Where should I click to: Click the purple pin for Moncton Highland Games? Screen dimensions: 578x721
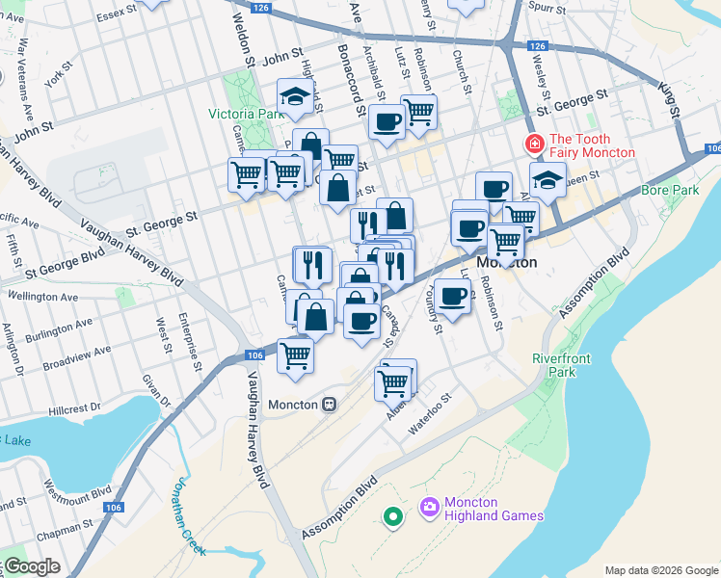[429, 506]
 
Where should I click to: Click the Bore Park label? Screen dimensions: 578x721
[669, 191]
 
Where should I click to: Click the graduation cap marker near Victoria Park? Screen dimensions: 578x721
[292, 96]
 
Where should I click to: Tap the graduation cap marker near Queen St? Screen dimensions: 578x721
[547, 181]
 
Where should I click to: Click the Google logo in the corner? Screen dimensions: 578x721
[32, 567]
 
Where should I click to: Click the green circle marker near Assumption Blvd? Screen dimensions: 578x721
[392, 518]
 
